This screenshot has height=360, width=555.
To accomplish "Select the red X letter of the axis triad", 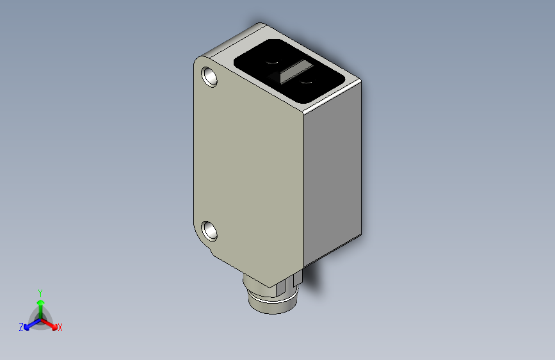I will pyautogui.click(x=60, y=328).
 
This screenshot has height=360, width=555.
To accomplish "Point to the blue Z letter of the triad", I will pyautogui.click(x=21, y=327).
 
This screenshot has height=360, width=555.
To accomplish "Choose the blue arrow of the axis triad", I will pyautogui.click(x=29, y=323).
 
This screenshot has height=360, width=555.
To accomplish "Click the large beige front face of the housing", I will pyautogui.click(x=250, y=167).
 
